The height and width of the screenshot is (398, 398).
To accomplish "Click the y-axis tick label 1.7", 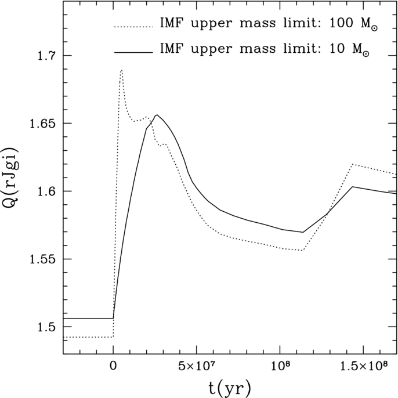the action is pyautogui.click(x=46, y=56).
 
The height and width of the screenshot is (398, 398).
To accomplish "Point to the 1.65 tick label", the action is pyautogui.click(x=42, y=124).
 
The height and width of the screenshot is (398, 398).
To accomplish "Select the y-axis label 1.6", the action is pyautogui.click(x=46, y=191).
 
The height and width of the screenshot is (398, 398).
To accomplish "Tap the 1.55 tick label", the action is pyautogui.click(x=42, y=259).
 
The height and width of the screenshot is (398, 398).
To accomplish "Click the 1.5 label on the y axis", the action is pyautogui.click(x=46, y=327).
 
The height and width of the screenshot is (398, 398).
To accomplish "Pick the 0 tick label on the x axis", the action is pyautogui.click(x=113, y=367).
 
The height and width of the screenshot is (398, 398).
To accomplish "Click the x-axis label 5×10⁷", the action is pyautogui.click(x=197, y=366).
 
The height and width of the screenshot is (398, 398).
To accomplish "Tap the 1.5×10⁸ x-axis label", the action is pyautogui.click(x=363, y=366).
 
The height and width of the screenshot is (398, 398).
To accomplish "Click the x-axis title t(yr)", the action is pyautogui.click(x=230, y=388).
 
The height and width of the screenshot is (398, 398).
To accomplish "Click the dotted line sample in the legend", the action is pyautogui.click(x=133, y=27).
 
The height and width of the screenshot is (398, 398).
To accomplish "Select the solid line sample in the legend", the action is pyautogui.click(x=133, y=53).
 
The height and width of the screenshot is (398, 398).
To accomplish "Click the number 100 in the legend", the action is pyautogui.click(x=341, y=23).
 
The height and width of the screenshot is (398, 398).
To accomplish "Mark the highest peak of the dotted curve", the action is pyautogui.click(x=122, y=70).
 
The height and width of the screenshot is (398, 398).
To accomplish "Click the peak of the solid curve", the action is pyautogui.click(x=157, y=115).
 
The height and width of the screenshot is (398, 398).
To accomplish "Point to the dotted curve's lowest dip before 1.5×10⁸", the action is pyautogui.click(x=302, y=250).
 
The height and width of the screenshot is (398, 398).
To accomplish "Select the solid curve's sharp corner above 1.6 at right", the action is pyautogui.click(x=352, y=187).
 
